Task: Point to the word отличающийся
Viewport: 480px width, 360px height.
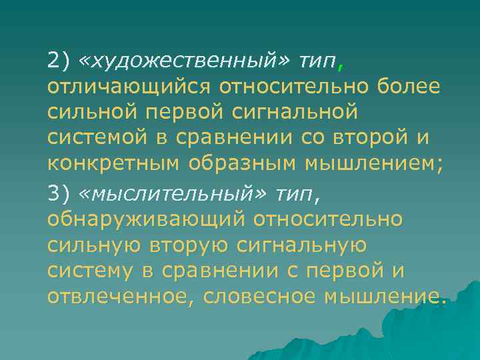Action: click(x=125, y=87)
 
